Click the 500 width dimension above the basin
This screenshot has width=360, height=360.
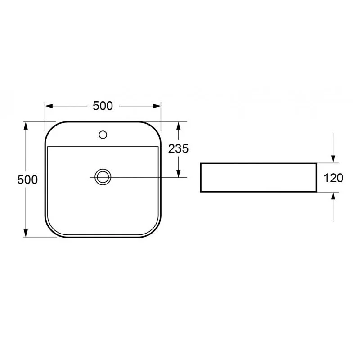click(x=103, y=106)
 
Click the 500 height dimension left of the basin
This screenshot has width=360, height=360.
click(x=27, y=180)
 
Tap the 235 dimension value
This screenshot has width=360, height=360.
click(x=178, y=149)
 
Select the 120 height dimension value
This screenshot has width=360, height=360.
click(x=333, y=178)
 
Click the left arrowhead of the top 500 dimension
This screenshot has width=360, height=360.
click(x=49, y=106)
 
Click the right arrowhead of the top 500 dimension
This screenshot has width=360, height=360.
click(x=157, y=106)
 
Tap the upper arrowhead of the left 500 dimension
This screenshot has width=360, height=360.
click(x=26, y=126)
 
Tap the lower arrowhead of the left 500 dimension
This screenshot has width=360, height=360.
click(x=26, y=233)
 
